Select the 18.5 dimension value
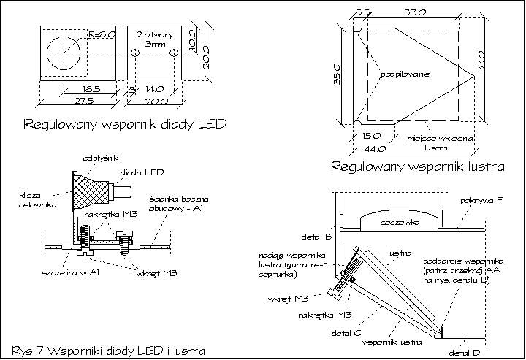(x=73, y=89)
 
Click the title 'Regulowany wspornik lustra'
(x=418, y=167)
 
